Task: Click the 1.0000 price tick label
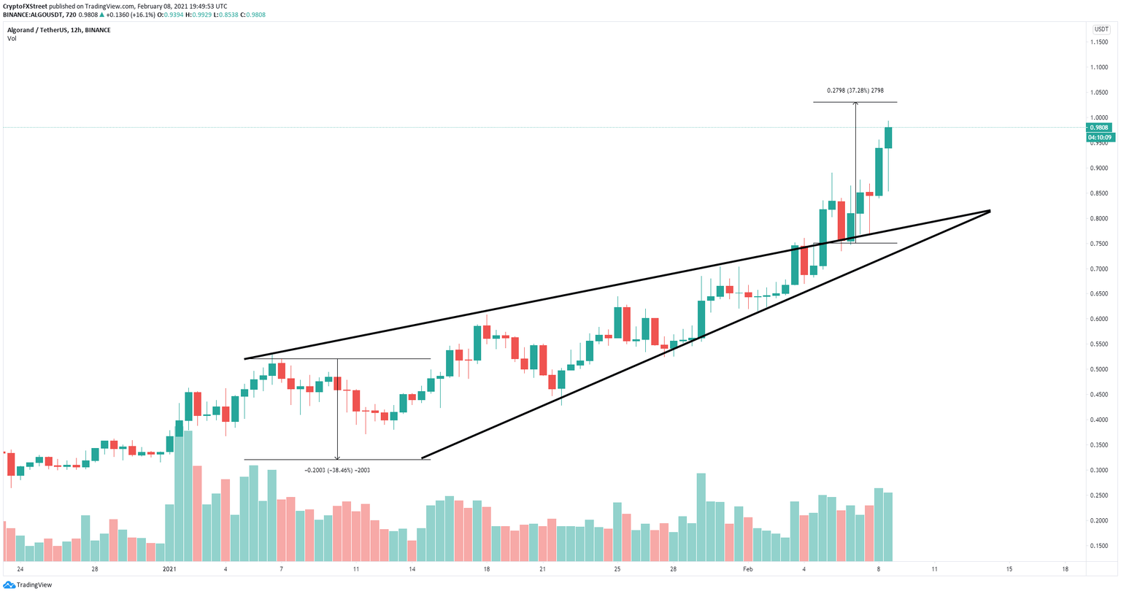tap(1099, 117)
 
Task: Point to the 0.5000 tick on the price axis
tap(1099, 369)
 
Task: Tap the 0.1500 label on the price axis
tap(1099, 546)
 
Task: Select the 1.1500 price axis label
tap(1099, 42)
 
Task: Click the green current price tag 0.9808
tap(1099, 128)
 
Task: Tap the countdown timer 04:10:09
tap(1099, 137)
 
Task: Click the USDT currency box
tap(1100, 29)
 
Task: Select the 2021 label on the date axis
tap(169, 569)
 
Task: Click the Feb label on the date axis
tap(747, 569)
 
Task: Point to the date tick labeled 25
tap(617, 569)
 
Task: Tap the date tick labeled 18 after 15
tap(1066, 569)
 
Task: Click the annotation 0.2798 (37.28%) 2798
tap(855, 90)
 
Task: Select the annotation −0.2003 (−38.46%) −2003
tap(337, 471)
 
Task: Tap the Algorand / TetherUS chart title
tap(58, 30)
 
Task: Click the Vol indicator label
tap(12, 39)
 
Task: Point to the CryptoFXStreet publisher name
tap(26, 7)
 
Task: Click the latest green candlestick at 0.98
tap(888, 138)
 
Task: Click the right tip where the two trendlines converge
tap(990, 211)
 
